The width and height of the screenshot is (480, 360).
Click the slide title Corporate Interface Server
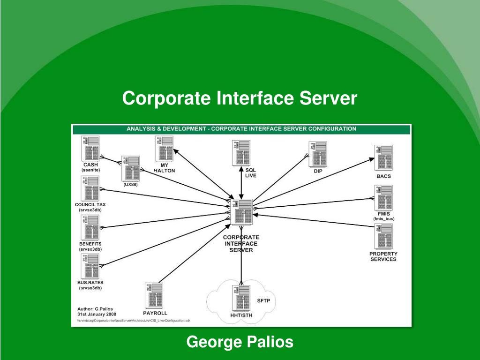point(240,98)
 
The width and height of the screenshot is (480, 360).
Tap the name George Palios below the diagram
point(240,342)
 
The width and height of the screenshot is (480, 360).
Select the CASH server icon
point(90,148)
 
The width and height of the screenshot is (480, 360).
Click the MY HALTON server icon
point(164,148)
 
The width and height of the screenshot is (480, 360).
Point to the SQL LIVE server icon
point(241,153)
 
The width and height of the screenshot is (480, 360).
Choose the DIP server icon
point(318,154)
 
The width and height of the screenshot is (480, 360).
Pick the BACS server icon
point(383,158)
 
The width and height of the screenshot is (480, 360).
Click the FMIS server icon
point(383,197)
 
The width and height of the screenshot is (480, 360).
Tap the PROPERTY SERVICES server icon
point(383,236)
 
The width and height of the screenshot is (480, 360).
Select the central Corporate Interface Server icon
point(242,211)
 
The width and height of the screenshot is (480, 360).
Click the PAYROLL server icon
point(154,295)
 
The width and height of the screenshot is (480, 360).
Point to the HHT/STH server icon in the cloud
point(241,298)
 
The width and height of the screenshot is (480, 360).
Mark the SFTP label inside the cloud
point(264,300)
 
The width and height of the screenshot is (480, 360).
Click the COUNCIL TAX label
point(90,204)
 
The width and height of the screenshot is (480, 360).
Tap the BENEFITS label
point(90,244)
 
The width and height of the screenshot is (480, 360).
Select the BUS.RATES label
point(90,283)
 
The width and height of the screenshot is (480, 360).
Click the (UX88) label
point(130,184)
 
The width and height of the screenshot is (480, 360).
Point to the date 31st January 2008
point(97,314)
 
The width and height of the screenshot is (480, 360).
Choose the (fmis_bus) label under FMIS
point(383,219)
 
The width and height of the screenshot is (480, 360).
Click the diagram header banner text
point(241,128)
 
